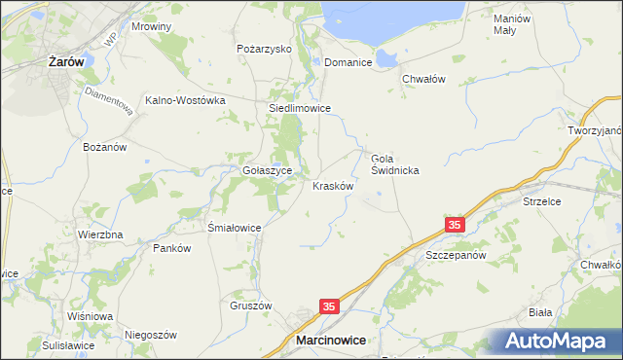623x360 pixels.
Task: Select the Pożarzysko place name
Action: point(264,48)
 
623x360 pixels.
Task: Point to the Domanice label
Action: point(348,61)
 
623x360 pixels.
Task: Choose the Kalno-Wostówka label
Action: point(185,100)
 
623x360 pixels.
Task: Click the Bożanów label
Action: point(105,147)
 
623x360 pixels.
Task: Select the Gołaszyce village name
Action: point(262,169)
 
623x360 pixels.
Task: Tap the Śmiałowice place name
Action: point(235,227)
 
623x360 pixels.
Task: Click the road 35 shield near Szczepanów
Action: point(455,226)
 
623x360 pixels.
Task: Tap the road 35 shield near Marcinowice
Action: point(329,306)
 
